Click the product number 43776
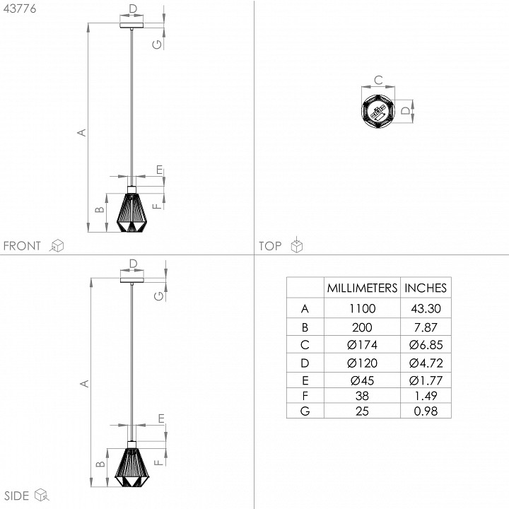[20, 9]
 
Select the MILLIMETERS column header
[361, 288]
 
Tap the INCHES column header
[425, 288]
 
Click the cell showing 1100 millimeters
[361, 309]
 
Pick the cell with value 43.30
[425, 309]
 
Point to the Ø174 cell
[361, 345]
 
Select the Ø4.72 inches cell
[425, 363]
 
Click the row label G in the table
[305, 411]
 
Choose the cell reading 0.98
[425, 411]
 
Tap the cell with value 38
[361, 395]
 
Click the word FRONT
[23, 246]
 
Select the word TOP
[270, 246]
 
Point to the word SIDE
[16, 495]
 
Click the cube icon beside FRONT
[57, 245]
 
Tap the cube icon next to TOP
[298, 245]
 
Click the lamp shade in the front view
[131, 211]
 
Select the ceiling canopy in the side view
[131, 279]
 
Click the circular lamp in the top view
[377, 110]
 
